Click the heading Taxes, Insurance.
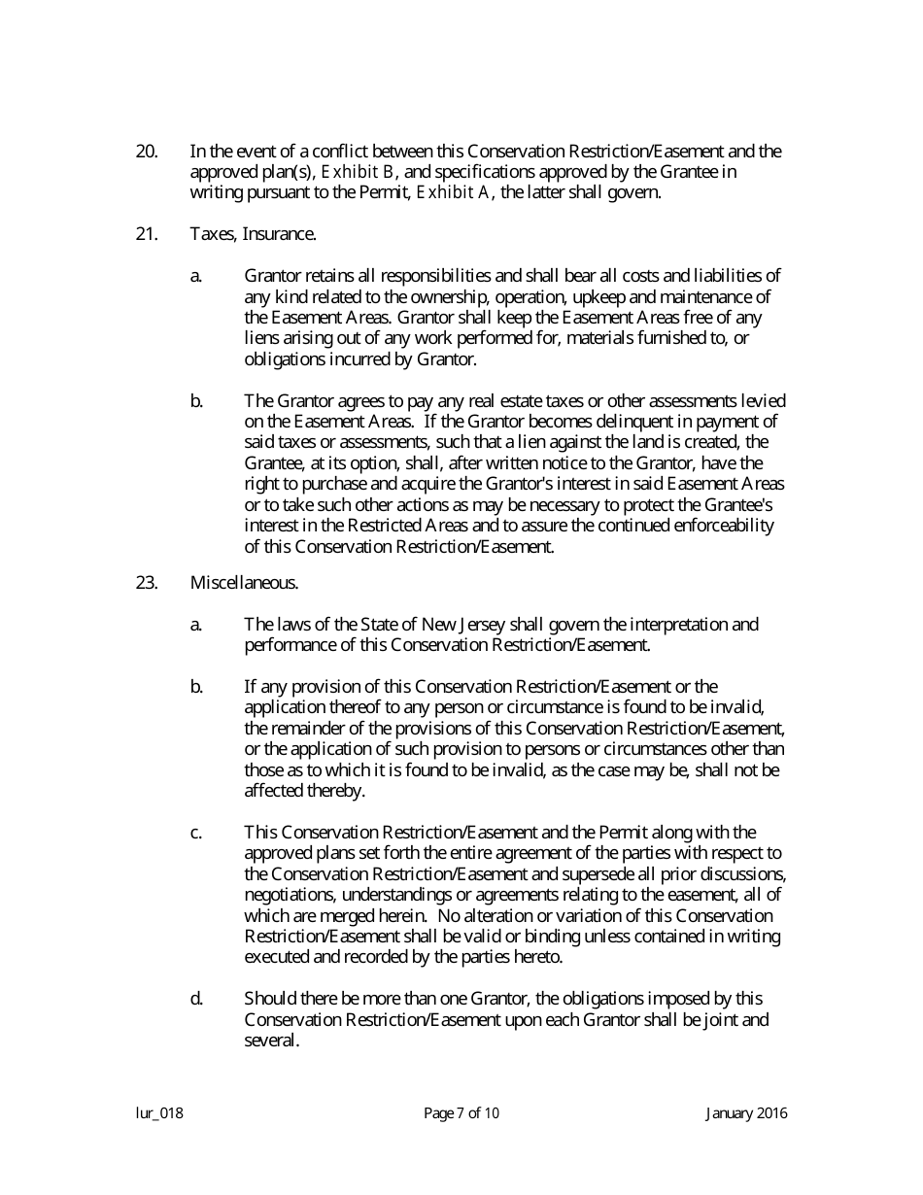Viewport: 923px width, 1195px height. click(252, 234)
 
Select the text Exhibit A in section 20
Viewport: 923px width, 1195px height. click(453, 192)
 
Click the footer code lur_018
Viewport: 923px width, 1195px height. click(159, 1113)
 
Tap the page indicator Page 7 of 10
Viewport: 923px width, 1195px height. click(461, 1113)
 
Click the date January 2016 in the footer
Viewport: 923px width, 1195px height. click(746, 1113)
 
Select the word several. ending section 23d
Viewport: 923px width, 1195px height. click(271, 1040)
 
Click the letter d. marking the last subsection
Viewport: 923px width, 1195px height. click(196, 999)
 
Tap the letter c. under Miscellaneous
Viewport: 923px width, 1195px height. click(196, 833)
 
